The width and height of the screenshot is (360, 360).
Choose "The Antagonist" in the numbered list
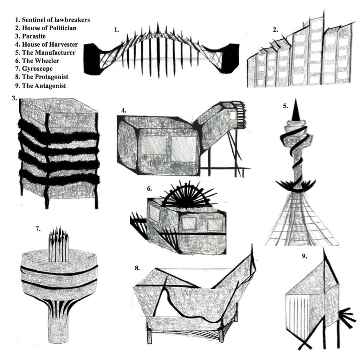(x=39, y=86)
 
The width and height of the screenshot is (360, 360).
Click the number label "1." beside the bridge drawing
(x=117, y=30)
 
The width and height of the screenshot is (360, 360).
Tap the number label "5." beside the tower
(x=285, y=106)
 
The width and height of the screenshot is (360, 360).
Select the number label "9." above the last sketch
(x=304, y=256)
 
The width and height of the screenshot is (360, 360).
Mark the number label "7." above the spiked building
(x=38, y=229)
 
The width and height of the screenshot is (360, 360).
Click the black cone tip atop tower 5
(x=296, y=109)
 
